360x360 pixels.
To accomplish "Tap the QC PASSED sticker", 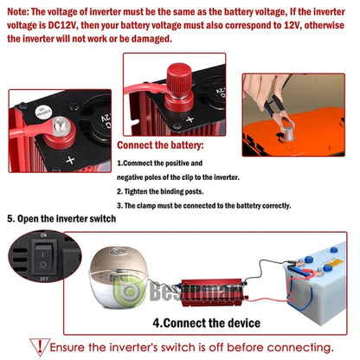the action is click(x=44, y=112).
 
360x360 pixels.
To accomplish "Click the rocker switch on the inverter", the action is click(x=43, y=258).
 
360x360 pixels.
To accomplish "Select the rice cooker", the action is click(x=119, y=276).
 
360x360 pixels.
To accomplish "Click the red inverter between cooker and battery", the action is click(x=214, y=292).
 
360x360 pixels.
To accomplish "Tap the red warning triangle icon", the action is click(x=40, y=347).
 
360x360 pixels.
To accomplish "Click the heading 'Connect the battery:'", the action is click(x=160, y=145).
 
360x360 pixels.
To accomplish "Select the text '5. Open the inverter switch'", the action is click(x=61, y=218).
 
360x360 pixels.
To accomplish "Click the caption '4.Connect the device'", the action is click(x=207, y=323).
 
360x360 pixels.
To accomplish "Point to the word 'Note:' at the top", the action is click(x=18, y=12).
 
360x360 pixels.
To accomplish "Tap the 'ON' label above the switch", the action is click(x=43, y=235).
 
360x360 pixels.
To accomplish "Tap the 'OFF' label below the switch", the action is click(x=44, y=279).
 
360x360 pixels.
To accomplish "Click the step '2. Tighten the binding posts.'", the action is click(x=160, y=191).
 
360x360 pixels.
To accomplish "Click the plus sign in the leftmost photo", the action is click(x=70, y=160).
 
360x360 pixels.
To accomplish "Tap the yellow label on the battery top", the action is click(x=335, y=263).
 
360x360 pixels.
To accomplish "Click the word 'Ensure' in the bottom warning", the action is click(x=67, y=347).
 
